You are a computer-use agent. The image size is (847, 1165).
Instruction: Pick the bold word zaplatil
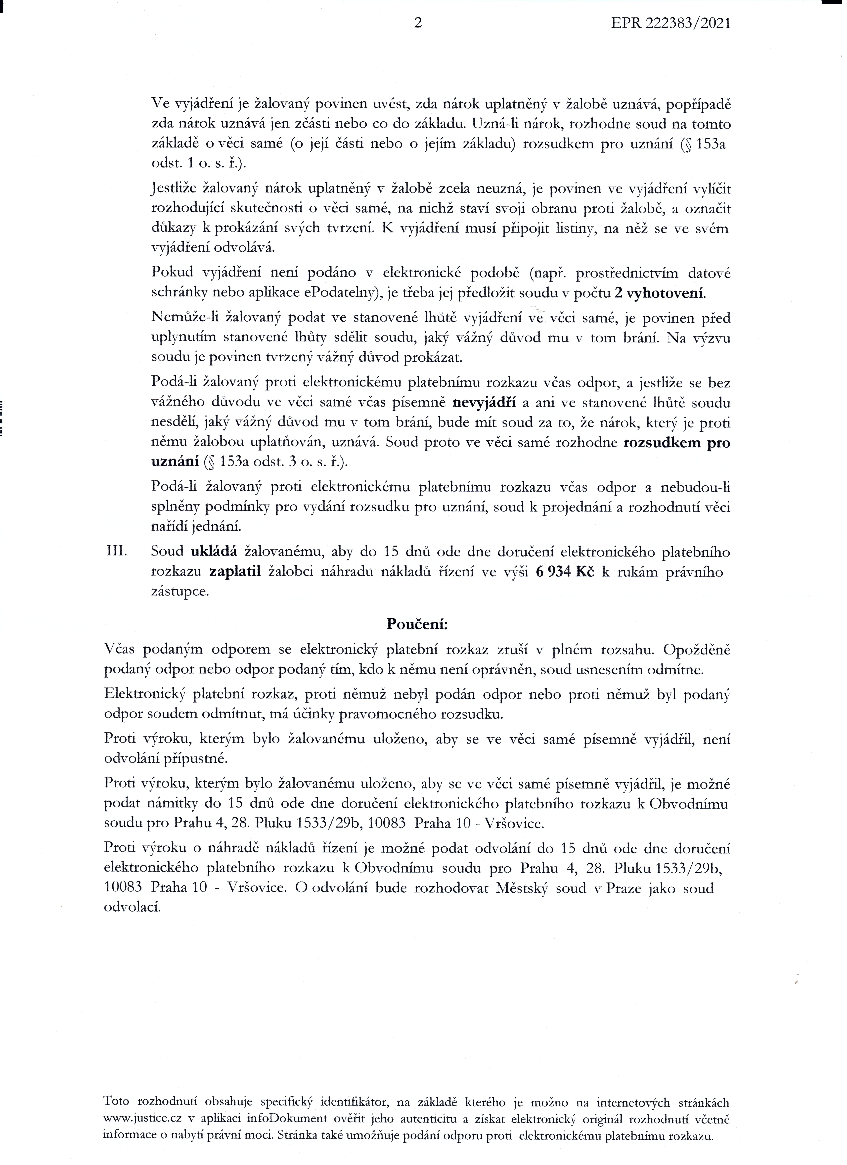(236, 572)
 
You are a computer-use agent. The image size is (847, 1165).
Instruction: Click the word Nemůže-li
(185, 319)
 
